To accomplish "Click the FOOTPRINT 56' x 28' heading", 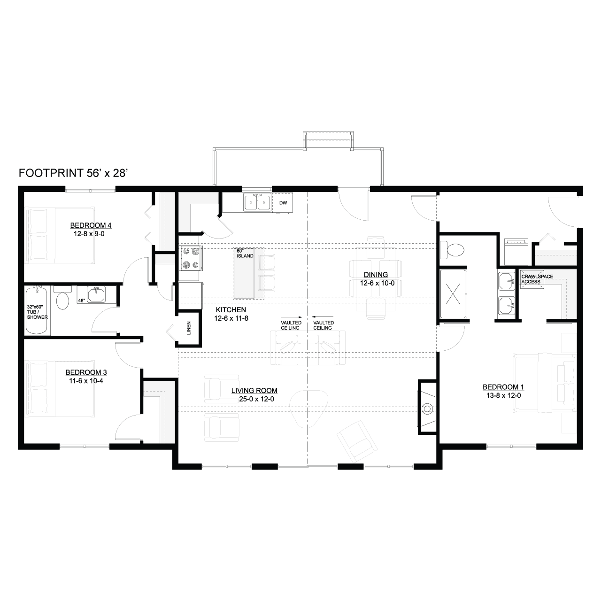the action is pyautogui.click(x=73, y=173).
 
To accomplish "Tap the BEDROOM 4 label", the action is pyautogui.click(x=91, y=225).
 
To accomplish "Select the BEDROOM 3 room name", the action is pyautogui.click(x=86, y=372).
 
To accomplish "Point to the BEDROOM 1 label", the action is pyautogui.click(x=503, y=387).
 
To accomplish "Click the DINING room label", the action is pyautogui.click(x=376, y=275).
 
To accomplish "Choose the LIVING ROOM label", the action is pyautogui.click(x=254, y=391).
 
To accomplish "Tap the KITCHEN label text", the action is pyautogui.click(x=231, y=310).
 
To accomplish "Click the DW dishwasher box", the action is pyautogui.click(x=283, y=203).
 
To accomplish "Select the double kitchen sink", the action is pyautogui.click(x=257, y=202).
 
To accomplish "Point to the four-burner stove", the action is pyautogui.click(x=191, y=259).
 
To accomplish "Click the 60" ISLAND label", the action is pyautogui.click(x=245, y=253).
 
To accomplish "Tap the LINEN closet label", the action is pyautogui.click(x=189, y=328).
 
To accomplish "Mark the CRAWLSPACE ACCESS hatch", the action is pyautogui.click(x=532, y=279).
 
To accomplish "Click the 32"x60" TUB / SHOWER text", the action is pyautogui.click(x=37, y=312).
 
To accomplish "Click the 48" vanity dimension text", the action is pyautogui.click(x=81, y=300).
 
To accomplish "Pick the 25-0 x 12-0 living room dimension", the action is pyautogui.click(x=256, y=399).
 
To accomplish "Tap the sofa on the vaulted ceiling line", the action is pyautogui.click(x=308, y=347).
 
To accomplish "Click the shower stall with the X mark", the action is pyautogui.click(x=453, y=293).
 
